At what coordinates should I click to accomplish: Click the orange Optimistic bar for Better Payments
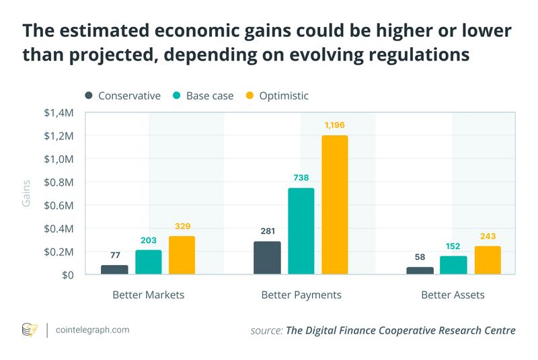tap(334, 205)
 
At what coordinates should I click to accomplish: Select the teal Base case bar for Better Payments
tap(301, 231)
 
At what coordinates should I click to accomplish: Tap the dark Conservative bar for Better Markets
tap(114, 269)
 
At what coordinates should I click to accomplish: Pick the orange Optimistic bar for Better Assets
tap(488, 260)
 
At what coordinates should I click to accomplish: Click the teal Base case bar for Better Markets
tap(148, 262)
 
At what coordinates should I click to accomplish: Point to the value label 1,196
tap(334, 125)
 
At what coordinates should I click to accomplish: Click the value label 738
tap(301, 178)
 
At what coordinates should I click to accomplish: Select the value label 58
tap(420, 256)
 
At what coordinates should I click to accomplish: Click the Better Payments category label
tap(301, 295)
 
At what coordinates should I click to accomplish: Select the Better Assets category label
tap(453, 295)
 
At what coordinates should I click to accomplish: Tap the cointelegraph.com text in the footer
tap(93, 330)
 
